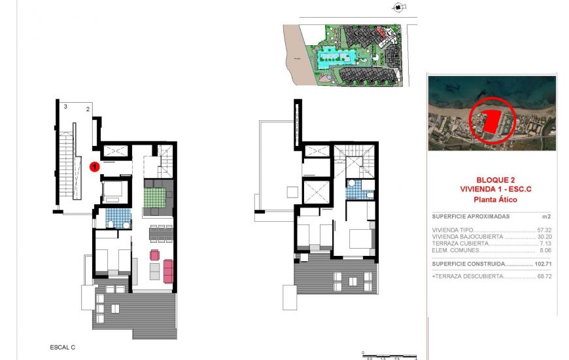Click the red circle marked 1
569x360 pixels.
[x=94, y=167]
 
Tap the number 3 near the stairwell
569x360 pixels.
[x=65, y=106]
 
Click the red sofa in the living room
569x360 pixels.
[x=167, y=271]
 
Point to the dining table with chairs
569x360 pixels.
[x=161, y=232]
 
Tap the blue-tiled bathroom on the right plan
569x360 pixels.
[x=356, y=190]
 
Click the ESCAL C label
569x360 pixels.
[x=63, y=346]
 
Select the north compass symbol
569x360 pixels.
[x=397, y=9]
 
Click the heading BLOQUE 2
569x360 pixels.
[x=492, y=179]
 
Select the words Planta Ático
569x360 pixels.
[x=492, y=198]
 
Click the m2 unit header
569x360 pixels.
[x=547, y=216]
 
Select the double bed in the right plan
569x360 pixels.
[x=358, y=238]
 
